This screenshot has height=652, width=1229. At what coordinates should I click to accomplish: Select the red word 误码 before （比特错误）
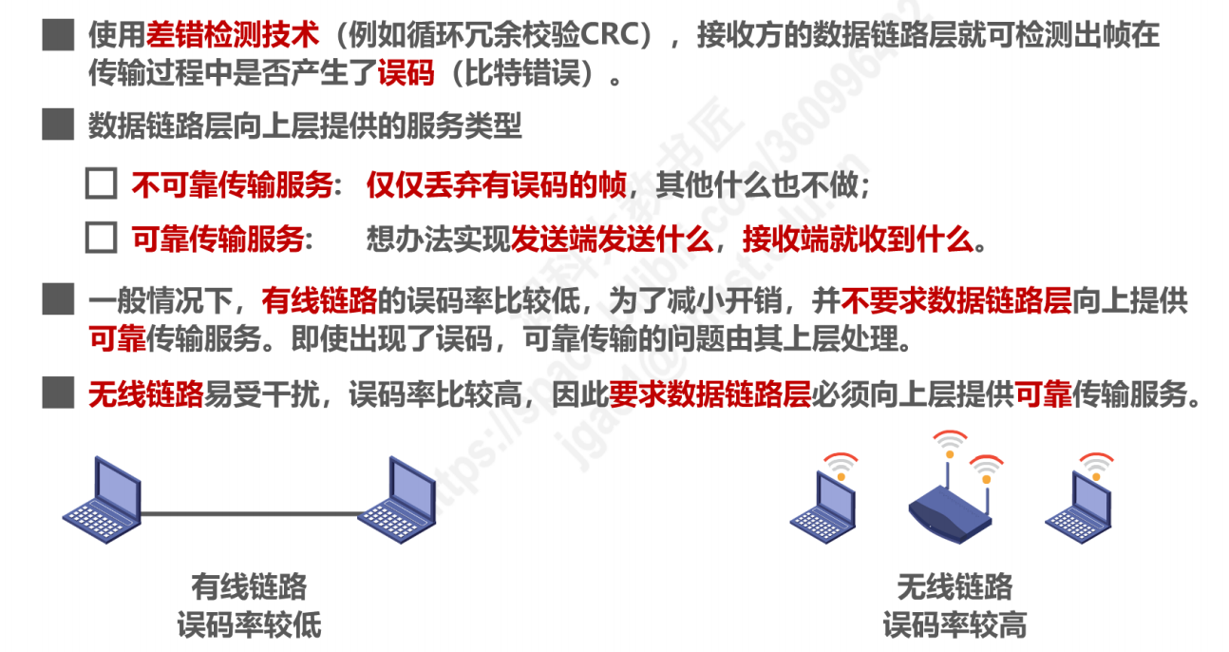coord(406,73)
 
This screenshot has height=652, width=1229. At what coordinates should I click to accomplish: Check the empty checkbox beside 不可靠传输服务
coord(101,185)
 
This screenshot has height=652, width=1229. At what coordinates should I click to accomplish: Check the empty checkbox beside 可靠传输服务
coord(101,238)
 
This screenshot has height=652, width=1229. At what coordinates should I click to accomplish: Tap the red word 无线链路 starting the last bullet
coord(146,393)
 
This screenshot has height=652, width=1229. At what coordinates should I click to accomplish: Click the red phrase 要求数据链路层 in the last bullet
coord(709,393)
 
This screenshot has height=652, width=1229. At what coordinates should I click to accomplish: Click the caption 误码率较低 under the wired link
coord(249,625)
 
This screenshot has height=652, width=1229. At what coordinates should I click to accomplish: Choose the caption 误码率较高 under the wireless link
coord(955,625)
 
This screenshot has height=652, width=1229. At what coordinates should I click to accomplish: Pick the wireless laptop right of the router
coord(1078,504)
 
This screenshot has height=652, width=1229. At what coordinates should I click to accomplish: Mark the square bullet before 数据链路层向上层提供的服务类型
coord(58,125)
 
